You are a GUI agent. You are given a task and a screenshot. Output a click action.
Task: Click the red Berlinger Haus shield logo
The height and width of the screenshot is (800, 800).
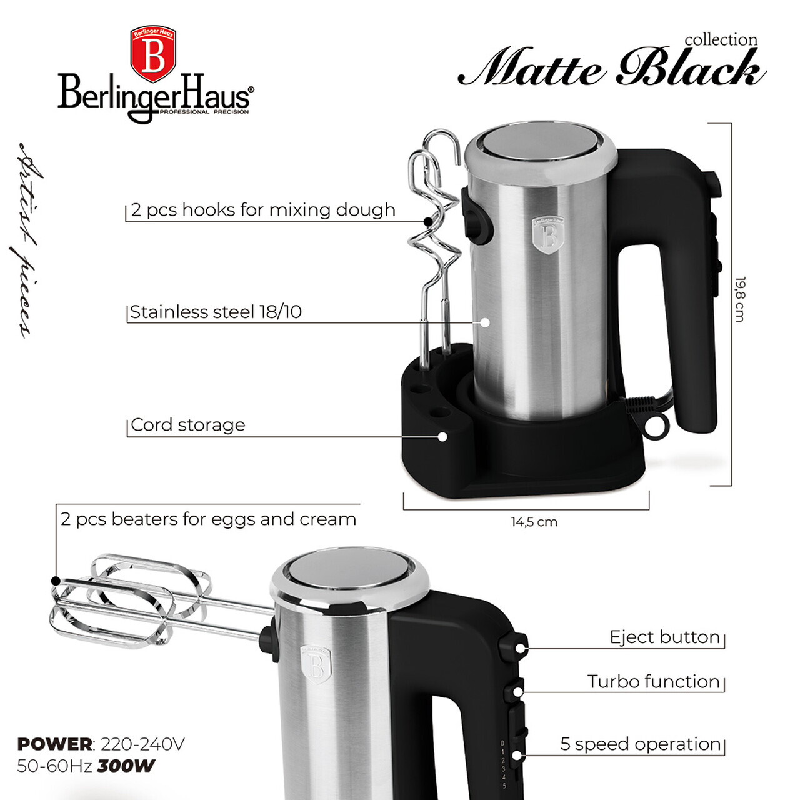tap(152, 54)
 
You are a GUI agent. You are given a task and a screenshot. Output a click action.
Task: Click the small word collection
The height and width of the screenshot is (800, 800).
tap(721, 40)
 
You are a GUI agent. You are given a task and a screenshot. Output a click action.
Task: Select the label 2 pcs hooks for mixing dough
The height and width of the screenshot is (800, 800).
tap(263, 210)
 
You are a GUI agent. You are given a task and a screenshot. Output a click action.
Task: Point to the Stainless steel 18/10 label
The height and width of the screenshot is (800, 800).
tap(216, 312)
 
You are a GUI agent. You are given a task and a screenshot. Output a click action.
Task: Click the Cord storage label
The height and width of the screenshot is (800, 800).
tap(187, 425)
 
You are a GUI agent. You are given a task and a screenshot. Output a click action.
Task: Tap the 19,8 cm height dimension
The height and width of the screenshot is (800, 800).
tap(740, 299)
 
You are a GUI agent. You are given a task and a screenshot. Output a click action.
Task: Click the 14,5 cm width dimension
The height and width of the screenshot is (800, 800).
tap(534, 522)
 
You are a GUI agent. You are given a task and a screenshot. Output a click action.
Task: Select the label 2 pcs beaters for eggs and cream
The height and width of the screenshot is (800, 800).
tap(208, 519)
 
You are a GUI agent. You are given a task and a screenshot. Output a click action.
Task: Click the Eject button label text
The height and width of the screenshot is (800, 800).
tap(664, 637)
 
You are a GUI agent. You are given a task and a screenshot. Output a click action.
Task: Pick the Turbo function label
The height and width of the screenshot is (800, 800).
tap(653, 681)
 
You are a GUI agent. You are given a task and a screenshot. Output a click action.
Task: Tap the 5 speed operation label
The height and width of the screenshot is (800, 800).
tap(641, 744)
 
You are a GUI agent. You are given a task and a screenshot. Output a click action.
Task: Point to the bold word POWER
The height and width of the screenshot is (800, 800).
tap(55, 744)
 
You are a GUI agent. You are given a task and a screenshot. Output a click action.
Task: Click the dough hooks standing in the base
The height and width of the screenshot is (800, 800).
tap(434, 250)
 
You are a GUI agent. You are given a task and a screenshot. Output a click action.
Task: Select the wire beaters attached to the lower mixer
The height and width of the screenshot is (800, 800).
tap(131, 599)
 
